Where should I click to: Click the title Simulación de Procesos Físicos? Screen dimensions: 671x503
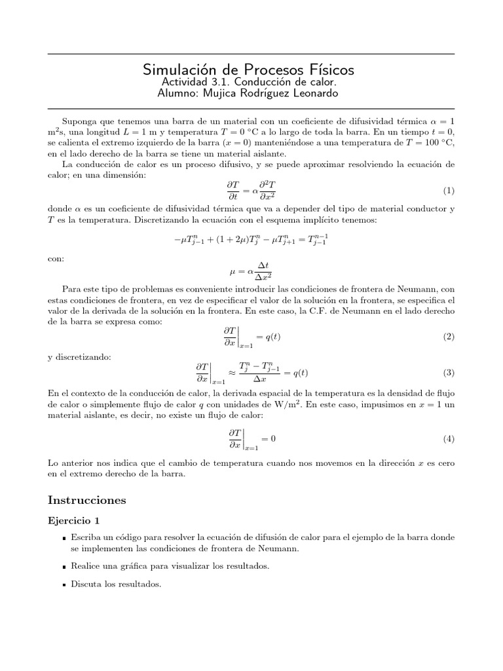click(248, 69)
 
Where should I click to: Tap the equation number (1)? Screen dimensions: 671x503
click(448, 191)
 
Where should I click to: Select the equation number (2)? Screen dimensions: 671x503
click(448, 336)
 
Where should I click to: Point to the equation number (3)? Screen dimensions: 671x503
click(448, 372)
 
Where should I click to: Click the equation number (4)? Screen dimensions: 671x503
click(448, 438)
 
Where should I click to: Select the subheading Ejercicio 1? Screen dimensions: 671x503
click(75, 521)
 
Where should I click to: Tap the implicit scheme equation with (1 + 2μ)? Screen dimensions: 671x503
click(251, 241)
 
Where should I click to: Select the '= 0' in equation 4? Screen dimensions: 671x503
click(269, 438)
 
